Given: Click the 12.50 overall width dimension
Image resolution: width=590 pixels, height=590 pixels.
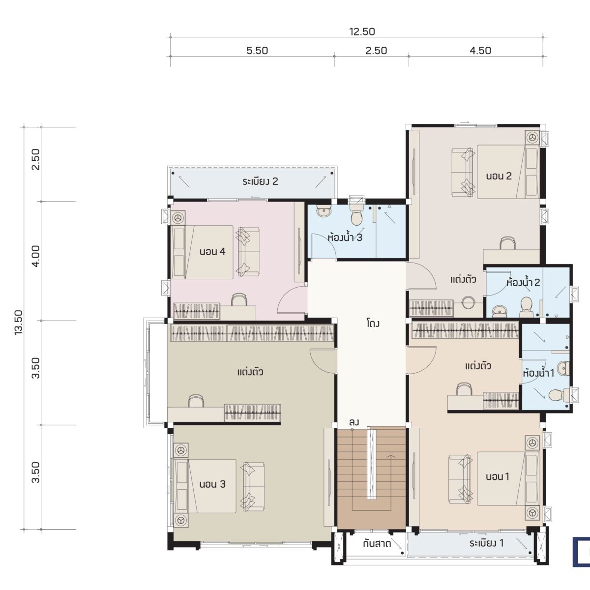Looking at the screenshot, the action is pos(362,31).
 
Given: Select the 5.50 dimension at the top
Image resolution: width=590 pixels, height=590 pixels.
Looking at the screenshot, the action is pos(257,51).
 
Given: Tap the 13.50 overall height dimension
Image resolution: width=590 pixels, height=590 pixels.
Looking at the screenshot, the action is pos(18,323).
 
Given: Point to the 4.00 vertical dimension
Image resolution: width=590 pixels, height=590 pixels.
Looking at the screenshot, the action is pos(36,256).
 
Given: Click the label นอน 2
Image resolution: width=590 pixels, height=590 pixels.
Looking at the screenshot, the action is pos(499,176).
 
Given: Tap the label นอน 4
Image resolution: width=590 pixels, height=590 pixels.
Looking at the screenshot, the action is pos(212,252).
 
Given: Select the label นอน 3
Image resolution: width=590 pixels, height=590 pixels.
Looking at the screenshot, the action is pos(212,484).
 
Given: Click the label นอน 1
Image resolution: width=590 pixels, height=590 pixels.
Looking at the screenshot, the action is pos(498,476).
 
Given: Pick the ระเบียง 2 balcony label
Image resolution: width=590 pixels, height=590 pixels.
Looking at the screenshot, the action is pos(260,181).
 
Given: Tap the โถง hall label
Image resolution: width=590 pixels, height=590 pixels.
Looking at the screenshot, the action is pos(373,323).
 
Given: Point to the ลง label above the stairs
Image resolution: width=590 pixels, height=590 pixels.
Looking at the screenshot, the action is pos(354,422).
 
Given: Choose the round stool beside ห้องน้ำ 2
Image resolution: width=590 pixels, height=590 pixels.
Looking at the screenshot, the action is pos(468,303).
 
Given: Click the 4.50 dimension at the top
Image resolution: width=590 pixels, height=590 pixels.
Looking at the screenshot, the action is pos(480,51).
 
